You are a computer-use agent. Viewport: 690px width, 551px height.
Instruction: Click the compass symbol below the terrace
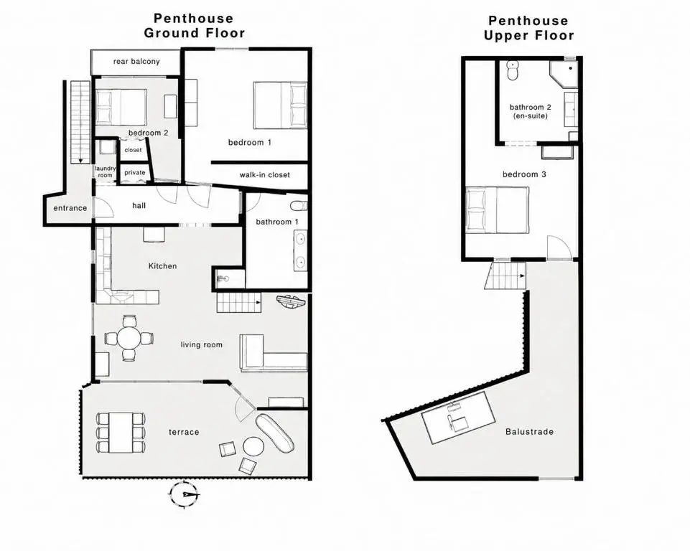point(184,495)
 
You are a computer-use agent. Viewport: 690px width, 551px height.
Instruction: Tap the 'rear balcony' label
point(136,62)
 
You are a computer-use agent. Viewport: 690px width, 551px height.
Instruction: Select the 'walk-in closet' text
point(264,175)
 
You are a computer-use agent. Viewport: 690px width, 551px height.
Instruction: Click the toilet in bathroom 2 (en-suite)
point(513,70)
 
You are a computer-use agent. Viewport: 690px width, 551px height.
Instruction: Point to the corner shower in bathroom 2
point(564,73)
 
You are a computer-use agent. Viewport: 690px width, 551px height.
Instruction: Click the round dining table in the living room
point(129,338)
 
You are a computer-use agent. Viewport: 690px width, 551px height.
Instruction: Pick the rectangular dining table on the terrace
point(121,433)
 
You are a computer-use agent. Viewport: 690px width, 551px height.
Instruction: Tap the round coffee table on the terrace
point(253,447)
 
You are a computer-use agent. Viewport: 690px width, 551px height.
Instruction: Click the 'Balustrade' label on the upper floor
point(529,432)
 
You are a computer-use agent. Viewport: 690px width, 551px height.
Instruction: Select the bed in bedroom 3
point(498,209)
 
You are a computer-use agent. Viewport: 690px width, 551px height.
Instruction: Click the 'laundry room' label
point(105,172)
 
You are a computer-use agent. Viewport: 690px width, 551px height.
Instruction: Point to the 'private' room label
point(135,172)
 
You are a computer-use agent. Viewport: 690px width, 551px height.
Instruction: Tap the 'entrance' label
point(70,208)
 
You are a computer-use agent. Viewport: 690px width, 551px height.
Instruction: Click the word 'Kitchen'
point(162,266)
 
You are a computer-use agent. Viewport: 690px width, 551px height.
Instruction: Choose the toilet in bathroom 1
point(299,206)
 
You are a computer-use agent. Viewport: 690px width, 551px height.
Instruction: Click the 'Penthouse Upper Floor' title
point(529,28)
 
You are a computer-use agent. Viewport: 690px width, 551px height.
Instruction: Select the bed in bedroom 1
point(280,105)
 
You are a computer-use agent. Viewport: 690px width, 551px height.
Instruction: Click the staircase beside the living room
point(238,303)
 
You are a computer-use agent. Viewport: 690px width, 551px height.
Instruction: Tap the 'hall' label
point(139,205)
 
